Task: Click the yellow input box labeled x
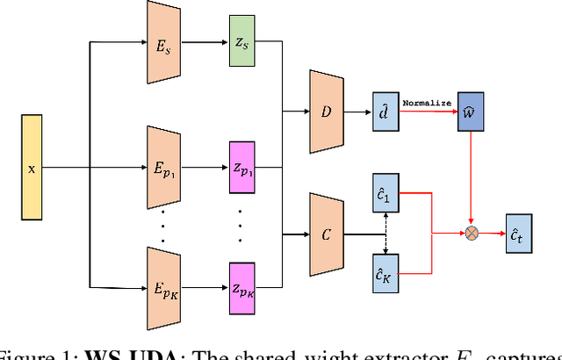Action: (32, 168)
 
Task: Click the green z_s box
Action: (241, 42)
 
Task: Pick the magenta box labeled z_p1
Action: (241, 168)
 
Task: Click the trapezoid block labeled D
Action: (326, 112)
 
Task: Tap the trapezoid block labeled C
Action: (326, 234)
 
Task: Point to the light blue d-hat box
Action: (384, 112)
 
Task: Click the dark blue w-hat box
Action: (471, 113)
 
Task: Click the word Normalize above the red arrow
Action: (428, 103)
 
